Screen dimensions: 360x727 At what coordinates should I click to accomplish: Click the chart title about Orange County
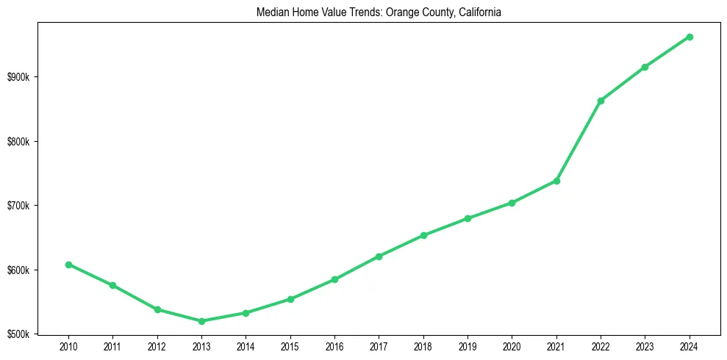coord(379,12)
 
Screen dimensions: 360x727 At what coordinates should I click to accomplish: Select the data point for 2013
coord(201,321)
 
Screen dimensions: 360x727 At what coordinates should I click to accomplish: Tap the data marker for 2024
coord(690,37)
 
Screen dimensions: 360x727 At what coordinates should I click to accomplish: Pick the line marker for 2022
coord(601,101)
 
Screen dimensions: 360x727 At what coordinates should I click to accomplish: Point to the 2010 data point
coord(68,264)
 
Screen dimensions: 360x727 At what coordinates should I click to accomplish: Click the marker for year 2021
coord(556,181)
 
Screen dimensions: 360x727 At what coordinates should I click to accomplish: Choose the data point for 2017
coord(379,256)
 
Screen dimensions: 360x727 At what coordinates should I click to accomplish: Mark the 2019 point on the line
coord(468,218)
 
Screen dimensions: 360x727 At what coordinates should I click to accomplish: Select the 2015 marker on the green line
coord(290,299)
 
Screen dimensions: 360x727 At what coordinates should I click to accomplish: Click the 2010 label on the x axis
coord(68,346)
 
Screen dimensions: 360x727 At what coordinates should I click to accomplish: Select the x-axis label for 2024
coord(690,346)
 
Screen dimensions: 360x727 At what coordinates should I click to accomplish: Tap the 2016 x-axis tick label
coord(334,346)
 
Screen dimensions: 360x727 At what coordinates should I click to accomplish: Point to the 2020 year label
coord(512,346)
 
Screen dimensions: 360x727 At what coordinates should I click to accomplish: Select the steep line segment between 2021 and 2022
coord(579,141)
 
